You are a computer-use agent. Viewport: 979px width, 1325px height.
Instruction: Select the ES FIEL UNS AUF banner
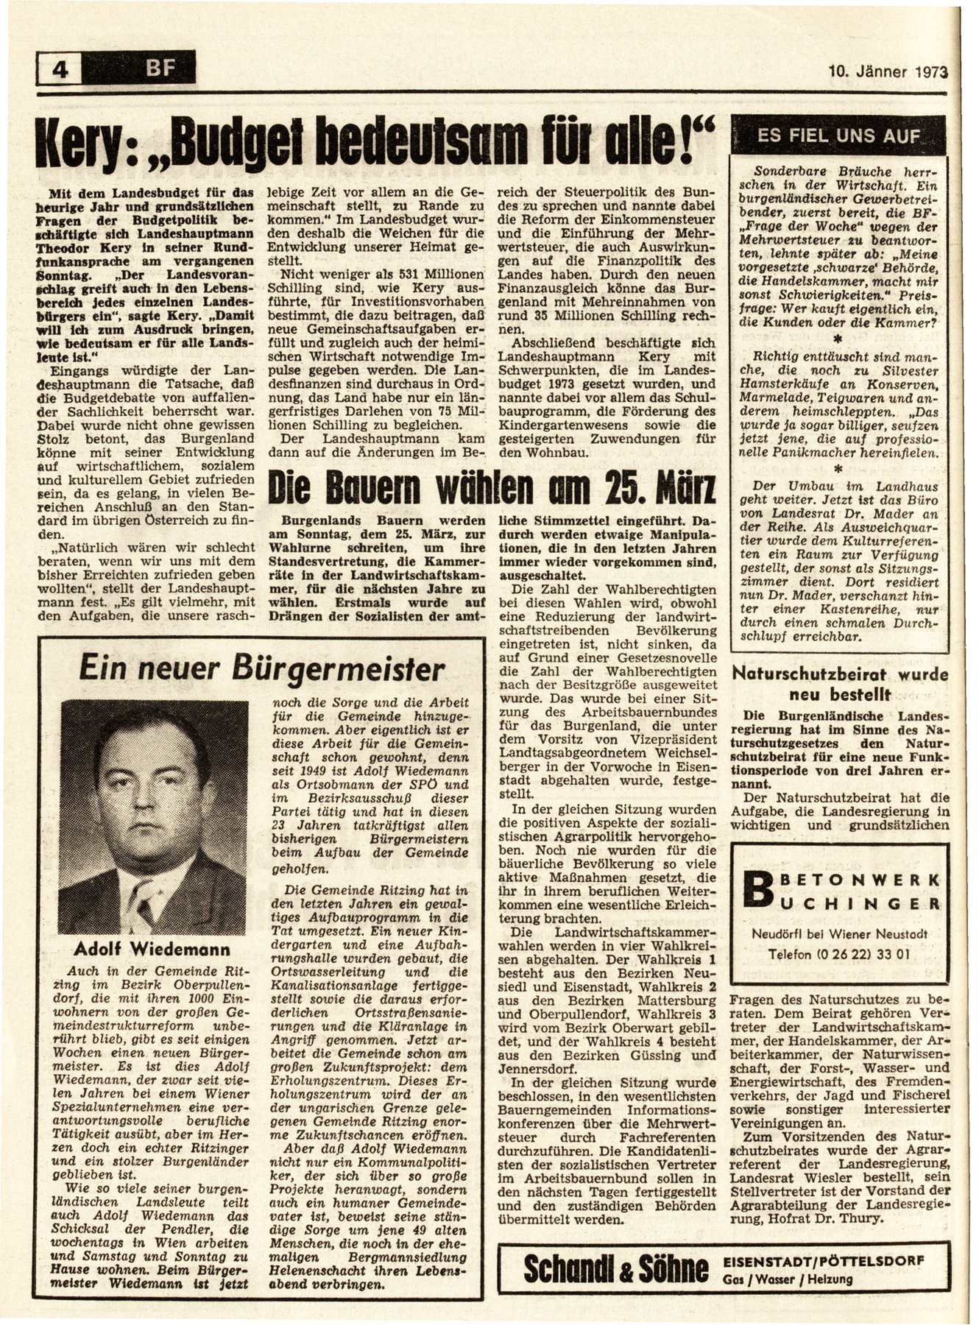[x=838, y=136]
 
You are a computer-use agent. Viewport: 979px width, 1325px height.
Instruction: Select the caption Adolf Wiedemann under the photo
[x=152, y=948]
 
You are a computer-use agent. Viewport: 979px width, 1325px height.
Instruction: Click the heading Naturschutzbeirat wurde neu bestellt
[x=840, y=684]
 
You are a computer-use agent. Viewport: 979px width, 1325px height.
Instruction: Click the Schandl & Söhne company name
[x=615, y=1265]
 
